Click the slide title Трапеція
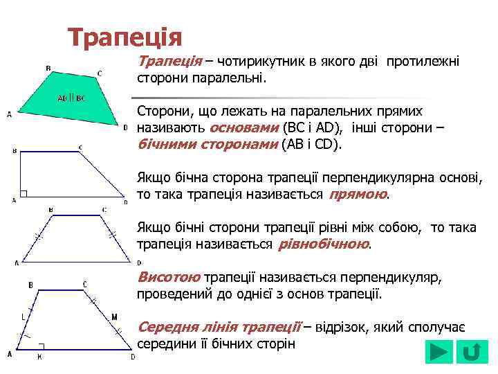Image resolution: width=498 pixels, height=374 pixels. coord(124,36)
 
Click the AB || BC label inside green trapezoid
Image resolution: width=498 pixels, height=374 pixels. coord(71,98)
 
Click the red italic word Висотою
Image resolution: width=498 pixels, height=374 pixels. coord(169,277)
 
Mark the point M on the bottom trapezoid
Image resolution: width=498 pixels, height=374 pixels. coord(114,317)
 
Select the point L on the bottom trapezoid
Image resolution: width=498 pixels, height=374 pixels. coord(23,317)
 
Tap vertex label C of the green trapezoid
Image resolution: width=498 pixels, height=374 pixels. coord(100,73)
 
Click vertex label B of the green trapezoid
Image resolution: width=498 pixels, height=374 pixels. coord(48,68)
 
